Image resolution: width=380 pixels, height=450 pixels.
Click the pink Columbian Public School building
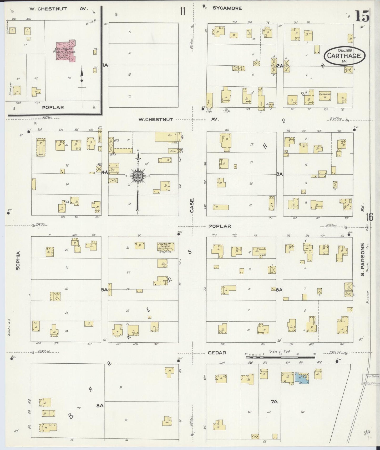65,51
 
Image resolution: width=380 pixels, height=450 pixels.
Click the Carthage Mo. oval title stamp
344,56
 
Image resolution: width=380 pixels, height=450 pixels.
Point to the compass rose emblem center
138,176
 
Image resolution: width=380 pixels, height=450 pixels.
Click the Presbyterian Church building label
166,247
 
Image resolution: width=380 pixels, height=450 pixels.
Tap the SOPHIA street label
18,260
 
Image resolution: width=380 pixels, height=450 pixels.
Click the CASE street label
192,205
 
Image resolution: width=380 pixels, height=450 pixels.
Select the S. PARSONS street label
363,259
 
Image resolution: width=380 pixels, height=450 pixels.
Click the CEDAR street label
217,353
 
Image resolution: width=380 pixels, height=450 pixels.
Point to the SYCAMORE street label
227,8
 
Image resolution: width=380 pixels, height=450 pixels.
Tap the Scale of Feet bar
280,357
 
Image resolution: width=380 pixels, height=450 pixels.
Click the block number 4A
105,172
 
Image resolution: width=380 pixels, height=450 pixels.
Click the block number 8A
100,405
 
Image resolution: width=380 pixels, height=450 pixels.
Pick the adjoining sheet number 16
369,217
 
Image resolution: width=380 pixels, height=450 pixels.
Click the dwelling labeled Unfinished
325,96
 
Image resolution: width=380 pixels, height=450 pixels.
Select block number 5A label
104,290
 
